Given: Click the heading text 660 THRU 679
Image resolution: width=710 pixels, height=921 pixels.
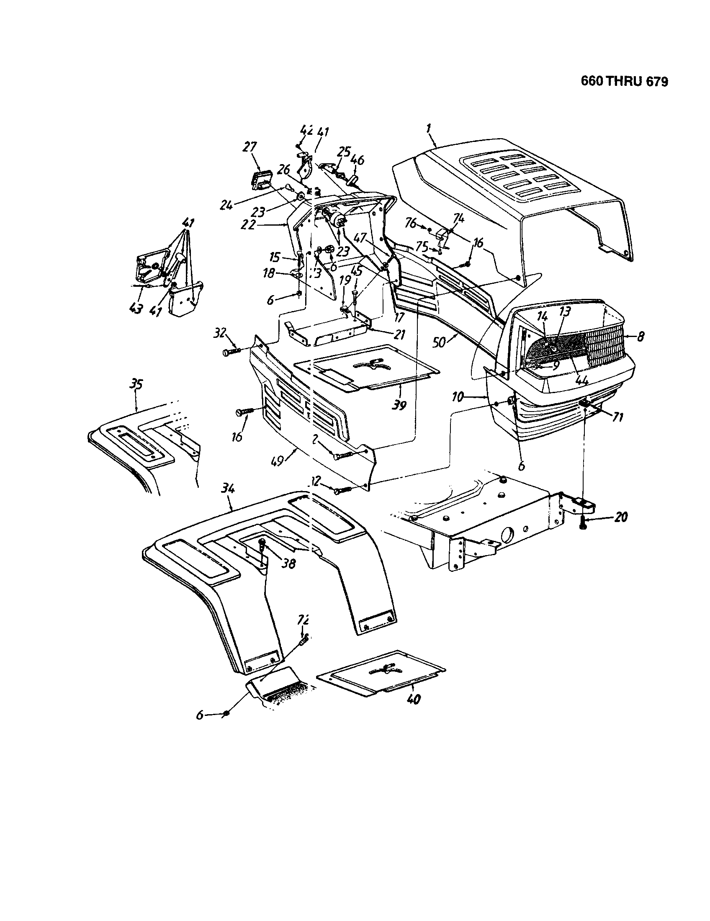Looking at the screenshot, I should (x=624, y=81).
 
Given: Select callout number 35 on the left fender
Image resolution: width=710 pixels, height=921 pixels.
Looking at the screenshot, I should (x=136, y=384).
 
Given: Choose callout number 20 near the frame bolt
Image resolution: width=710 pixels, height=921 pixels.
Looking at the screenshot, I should (x=620, y=517).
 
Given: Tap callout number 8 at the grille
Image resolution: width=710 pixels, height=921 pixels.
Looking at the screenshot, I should (x=641, y=337).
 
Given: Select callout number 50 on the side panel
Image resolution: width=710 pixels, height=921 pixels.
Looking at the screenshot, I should (x=439, y=342).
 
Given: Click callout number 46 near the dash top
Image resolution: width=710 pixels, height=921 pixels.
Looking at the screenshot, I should (x=358, y=160).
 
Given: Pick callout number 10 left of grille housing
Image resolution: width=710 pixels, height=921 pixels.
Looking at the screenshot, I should (x=459, y=396).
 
